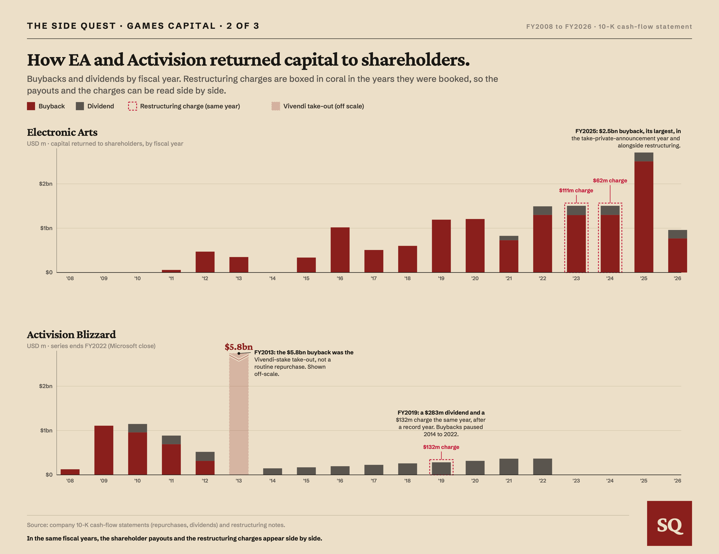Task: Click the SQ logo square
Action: click(669, 523)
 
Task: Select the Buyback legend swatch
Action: click(31, 106)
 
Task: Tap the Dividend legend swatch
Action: click(80, 106)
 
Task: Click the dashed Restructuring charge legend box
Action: click(132, 106)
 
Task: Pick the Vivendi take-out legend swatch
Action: click(276, 106)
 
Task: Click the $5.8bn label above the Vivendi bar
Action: click(239, 347)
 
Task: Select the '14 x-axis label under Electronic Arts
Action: click(272, 278)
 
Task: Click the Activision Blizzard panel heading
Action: click(71, 335)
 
